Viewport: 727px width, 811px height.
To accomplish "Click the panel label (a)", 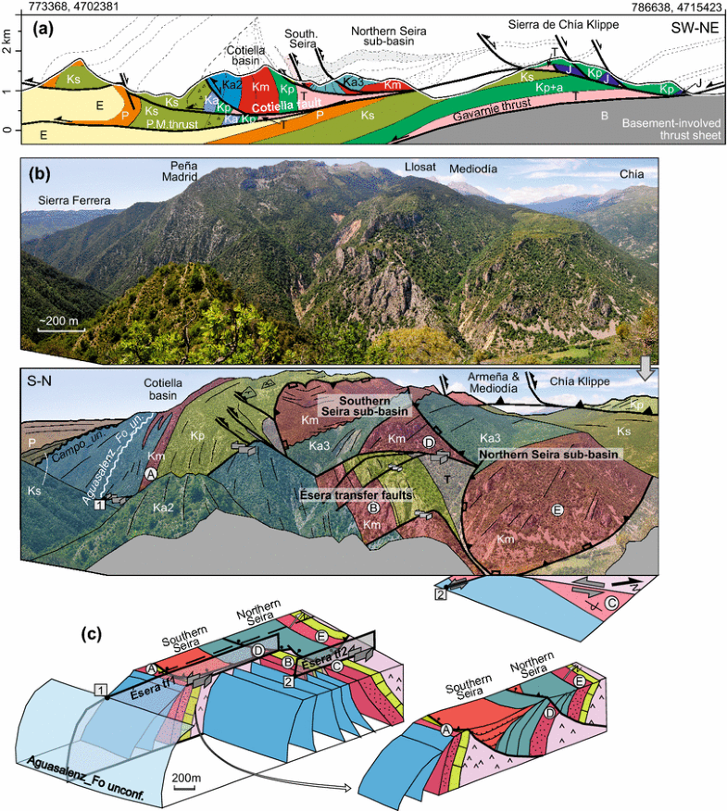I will click(x=44, y=29).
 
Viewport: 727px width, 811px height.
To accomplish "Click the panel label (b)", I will click(x=44, y=169).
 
